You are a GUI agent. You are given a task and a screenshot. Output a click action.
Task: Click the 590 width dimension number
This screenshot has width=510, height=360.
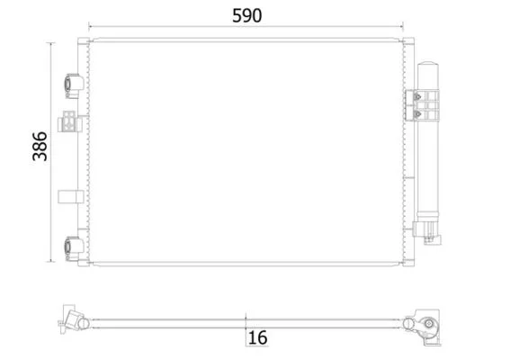pyautogui.click(x=246, y=15)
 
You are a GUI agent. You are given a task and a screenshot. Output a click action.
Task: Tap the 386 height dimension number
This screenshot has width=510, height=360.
pyautogui.click(x=40, y=146)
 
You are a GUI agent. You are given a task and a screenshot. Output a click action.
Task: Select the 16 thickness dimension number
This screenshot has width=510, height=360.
pyautogui.click(x=257, y=337)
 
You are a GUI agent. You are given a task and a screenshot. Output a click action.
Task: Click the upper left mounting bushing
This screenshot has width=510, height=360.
pyautogui.click(x=73, y=85)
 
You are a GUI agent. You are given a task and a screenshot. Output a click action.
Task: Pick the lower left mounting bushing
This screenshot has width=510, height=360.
pyautogui.click(x=73, y=248)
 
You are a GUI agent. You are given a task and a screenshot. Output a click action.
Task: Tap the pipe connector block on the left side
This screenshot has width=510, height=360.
pyautogui.click(x=69, y=121)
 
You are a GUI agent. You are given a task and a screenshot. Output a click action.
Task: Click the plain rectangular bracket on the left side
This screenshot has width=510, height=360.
pyautogui.click(x=70, y=196)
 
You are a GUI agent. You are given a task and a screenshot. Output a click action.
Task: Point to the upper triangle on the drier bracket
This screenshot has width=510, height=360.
pyautogui.click(x=417, y=96)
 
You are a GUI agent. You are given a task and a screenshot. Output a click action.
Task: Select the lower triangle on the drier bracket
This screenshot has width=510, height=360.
pyautogui.click(x=417, y=114)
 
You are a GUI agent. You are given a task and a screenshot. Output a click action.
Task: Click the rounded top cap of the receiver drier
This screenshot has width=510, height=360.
pyautogui.click(x=428, y=65)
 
